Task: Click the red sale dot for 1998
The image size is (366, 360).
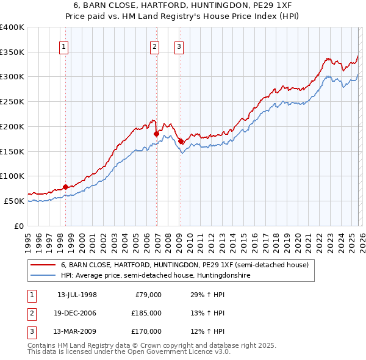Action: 66,187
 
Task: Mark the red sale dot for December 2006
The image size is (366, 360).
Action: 157,134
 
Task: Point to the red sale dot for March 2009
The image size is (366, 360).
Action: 181,141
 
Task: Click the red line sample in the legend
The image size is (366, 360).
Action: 43,265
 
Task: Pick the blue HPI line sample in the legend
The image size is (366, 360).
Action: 43,276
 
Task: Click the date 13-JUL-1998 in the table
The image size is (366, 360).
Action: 77,295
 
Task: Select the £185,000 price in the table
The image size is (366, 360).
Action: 146,313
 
